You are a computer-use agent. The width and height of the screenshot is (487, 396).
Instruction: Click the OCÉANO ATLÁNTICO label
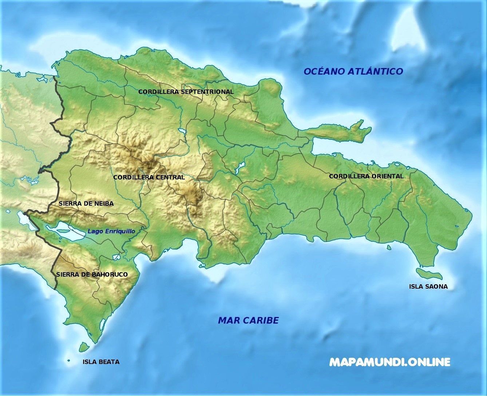(353, 71)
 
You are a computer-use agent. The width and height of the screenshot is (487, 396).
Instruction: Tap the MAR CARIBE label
(248, 320)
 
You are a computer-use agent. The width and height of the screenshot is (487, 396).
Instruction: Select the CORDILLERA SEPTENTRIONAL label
(186, 92)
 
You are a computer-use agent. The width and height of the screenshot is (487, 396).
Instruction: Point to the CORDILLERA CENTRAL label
(149, 177)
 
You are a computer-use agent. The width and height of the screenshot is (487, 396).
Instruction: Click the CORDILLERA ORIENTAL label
(366, 176)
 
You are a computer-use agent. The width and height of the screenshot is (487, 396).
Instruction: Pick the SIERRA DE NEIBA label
(86, 203)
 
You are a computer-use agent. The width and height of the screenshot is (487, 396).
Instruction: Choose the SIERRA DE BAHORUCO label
(92, 274)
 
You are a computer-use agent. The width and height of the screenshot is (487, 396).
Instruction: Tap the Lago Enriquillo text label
(111, 231)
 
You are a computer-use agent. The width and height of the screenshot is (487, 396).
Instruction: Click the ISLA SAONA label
(428, 286)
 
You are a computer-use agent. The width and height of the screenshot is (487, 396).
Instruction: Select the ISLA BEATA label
(101, 362)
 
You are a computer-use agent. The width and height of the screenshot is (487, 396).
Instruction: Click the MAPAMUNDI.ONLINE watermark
(389, 362)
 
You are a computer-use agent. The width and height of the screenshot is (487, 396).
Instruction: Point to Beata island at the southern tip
(84, 347)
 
